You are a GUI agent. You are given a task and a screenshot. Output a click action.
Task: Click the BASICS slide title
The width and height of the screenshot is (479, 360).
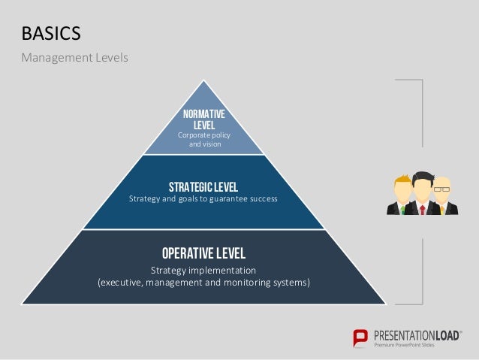point(51,34)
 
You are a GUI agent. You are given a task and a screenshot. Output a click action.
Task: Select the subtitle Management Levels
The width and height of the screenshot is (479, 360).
point(74,58)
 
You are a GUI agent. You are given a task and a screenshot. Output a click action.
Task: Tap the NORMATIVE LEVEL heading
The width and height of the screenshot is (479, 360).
point(203,119)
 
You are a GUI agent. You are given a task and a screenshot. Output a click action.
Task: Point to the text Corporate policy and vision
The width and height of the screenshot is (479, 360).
point(204,139)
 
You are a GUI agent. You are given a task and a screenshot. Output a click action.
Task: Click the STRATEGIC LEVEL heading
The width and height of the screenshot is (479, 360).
point(203,186)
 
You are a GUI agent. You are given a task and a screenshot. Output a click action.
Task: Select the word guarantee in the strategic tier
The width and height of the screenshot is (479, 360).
point(223,199)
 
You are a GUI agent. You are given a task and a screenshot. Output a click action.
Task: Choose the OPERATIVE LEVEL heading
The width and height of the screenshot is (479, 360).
point(203,253)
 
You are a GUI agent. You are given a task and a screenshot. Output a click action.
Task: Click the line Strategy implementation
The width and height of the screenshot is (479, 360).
point(203,270)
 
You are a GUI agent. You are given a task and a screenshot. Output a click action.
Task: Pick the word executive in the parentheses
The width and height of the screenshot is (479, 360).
point(122,283)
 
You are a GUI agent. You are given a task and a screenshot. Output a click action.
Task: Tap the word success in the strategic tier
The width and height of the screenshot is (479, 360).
point(264,199)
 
